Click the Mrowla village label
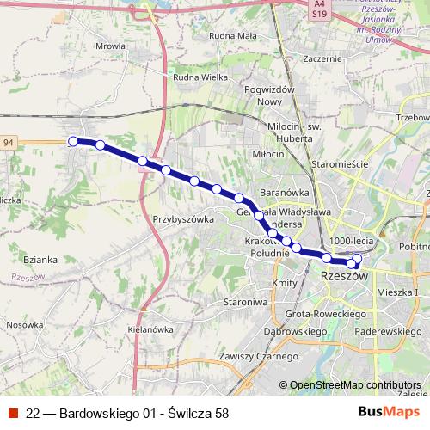pyautogui.click(x=111, y=46)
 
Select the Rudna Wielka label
pyautogui.click(x=200, y=78)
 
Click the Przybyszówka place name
pyautogui.click(x=182, y=219)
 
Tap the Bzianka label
pyautogui.click(x=40, y=259)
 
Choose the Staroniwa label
pyautogui.click(x=246, y=303)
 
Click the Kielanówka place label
pyautogui.click(x=150, y=329)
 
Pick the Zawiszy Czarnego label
pyautogui.click(x=258, y=356)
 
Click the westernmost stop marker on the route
pyautogui.click(x=74, y=141)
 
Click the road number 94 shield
pyautogui.click(x=9, y=141)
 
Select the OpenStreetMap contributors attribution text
pyautogui.click(x=354, y=385)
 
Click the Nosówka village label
pyautogui.click(x=25, y=325)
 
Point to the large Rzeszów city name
pyautogui.click(x=344, y=277)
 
